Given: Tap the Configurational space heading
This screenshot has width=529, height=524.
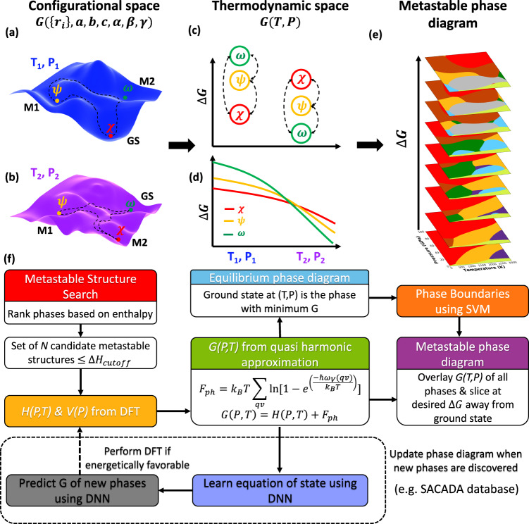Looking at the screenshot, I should [82, 10].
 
